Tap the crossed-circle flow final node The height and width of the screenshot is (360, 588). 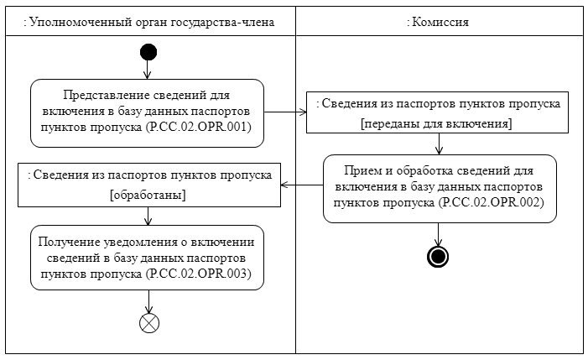point(148,324)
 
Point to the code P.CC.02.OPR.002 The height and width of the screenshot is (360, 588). point(492,203)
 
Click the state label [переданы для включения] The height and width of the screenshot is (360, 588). point(436,123)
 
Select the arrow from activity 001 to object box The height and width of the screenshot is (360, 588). point(284,112)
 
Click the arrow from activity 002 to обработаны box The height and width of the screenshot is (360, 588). point(301,185)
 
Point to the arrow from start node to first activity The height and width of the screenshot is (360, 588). point(148,70)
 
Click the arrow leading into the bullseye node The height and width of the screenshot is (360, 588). point(437,235)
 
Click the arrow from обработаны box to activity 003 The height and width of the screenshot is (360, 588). point(148,216)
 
